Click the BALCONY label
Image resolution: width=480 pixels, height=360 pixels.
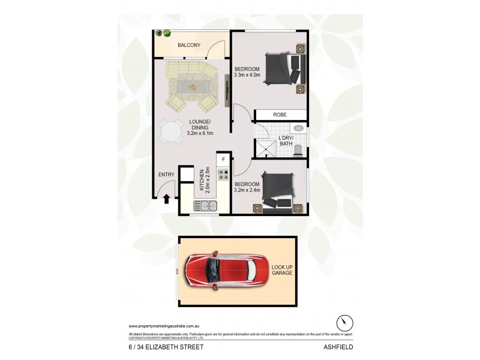point(188,45)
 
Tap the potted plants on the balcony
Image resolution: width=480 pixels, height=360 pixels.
point(162,34)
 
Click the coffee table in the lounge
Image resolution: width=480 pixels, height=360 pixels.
point(193,86)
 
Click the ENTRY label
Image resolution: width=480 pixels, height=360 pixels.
point(166,175)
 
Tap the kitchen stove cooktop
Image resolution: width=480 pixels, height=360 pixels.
point(223,175)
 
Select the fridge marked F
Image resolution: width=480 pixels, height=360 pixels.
point(223,159)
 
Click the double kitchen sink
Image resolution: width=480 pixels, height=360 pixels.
point(205,206)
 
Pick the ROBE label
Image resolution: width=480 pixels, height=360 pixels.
point(280,115)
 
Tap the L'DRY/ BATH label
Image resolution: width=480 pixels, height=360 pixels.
point(285,141)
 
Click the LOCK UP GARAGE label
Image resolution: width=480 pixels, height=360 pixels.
point(281,269)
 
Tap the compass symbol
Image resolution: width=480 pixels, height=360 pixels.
point(344,322)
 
